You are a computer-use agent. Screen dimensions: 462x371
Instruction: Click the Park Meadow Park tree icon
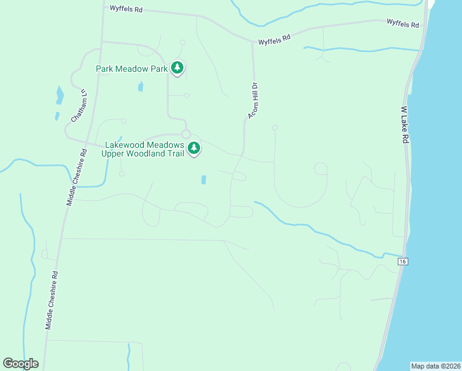[x=177, y=67]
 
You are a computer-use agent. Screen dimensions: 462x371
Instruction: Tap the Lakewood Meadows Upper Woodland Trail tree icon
[x=194, y=148]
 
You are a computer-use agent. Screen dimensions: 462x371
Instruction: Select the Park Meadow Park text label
[x=132, y=69]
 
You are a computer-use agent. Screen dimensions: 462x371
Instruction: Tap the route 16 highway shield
[x=403, y=262]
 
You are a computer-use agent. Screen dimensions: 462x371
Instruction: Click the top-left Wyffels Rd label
[x=126, y=9]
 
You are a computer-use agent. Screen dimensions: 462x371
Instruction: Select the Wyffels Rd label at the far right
[x=403, y=24]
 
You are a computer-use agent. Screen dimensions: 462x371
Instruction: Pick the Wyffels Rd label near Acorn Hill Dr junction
[x=274, y=39]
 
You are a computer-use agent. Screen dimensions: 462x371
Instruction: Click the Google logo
[x=20, y=364]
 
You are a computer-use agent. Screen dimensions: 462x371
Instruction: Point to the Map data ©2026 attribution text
[x=435, y=366]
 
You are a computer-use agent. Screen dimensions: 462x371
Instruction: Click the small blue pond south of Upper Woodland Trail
[x=203, y=180]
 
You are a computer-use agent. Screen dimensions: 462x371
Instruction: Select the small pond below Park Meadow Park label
[x=141, y=87]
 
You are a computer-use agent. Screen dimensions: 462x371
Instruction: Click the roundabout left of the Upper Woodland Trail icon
[x=185, y=134]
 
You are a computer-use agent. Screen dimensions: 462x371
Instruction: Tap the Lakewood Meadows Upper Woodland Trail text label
[x=143, y=149]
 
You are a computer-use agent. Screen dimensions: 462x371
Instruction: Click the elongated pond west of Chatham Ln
[x=60, y=95]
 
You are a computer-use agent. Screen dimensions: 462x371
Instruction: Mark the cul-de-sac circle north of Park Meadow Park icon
[x=182, y=43]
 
